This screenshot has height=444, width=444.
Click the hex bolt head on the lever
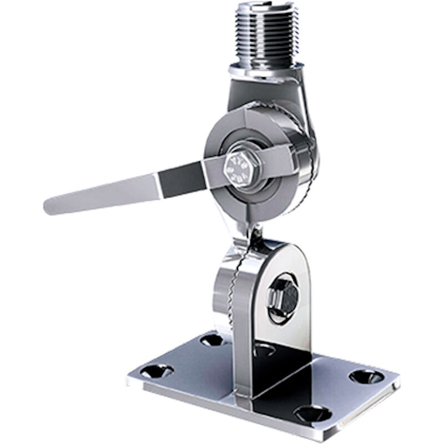point(238,167)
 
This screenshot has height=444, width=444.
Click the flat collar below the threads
point(265,71)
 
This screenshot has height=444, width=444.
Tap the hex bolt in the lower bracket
point(284,297)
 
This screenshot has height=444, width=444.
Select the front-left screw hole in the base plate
point(157,371)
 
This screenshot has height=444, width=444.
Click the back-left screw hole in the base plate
point(211,339)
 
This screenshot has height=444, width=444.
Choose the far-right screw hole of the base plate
point(366,377)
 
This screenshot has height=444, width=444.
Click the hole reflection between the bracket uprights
point(264,349)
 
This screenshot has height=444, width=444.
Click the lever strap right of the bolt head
point(277,158)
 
